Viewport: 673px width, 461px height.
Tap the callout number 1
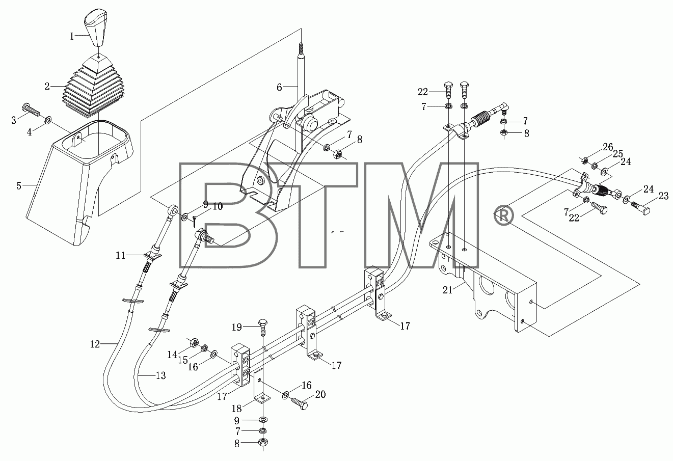(72, 36)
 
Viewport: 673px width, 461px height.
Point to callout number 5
(19, 186)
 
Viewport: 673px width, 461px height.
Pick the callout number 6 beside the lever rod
(279, 87)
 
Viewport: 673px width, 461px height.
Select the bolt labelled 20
(300, 402)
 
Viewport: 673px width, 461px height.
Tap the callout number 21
(447, 290)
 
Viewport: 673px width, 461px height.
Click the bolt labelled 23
(638, 207)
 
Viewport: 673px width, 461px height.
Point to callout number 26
(608, 147)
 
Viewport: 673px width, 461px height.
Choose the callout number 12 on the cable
(95, 344)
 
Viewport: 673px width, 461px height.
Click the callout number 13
(161, 375)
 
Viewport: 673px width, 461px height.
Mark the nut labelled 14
(194, 342)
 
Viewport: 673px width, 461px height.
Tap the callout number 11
(120, 255)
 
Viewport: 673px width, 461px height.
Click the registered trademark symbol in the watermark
(504, 215)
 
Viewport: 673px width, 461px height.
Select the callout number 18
(237, 408)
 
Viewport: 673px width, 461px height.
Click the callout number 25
(617, 154)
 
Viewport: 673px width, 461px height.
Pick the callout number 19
(237, 327)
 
